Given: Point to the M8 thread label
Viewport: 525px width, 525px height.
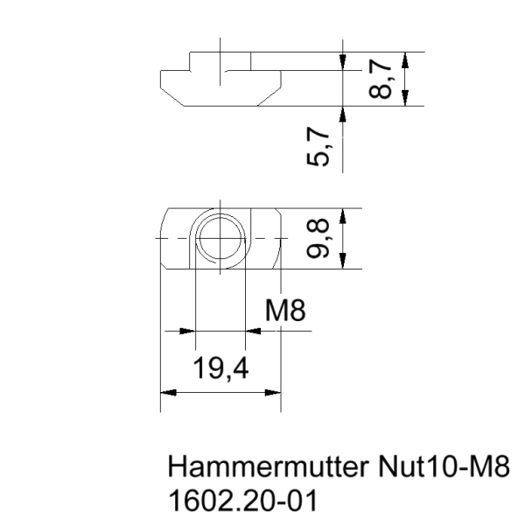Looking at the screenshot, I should pos(286,311).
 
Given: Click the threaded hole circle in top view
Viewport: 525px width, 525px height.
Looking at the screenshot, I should pos(220,238).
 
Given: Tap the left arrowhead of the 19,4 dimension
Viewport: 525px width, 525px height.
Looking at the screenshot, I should pos(168,393).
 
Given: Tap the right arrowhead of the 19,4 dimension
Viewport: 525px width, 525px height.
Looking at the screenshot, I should pos(272,393).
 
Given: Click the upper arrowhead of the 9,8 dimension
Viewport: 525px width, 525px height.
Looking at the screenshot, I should pos(345,215).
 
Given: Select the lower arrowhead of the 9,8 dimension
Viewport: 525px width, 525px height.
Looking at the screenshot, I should pos(345,262).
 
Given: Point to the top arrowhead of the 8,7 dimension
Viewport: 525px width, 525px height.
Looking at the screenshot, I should pos(405,59).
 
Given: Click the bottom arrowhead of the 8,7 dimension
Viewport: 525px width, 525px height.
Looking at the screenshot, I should pos(405,99).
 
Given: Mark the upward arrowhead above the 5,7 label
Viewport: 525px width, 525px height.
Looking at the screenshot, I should pos(345,114).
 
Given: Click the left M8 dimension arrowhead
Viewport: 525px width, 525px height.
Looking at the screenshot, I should pos(185,332).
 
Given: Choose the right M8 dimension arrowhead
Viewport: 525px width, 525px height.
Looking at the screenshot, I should pos(255,332).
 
